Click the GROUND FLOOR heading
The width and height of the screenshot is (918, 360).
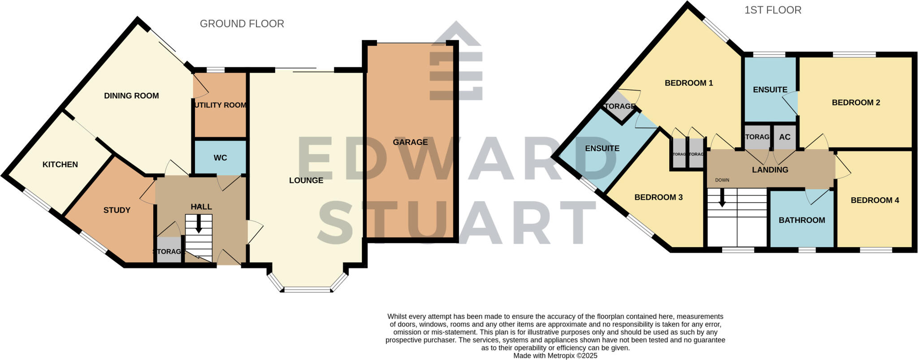coord(242,24)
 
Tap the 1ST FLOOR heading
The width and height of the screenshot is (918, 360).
coord(773,10)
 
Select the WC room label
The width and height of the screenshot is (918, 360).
coord(220,158)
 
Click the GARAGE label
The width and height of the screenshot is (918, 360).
coord(410,142)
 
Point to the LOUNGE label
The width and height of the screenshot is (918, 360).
coord(306,180)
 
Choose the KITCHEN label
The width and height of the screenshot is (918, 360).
coord(60,165)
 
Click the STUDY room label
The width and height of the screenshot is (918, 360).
coord(117,210)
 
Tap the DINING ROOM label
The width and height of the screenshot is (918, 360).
coord(131,95)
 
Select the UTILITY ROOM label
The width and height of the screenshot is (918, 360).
coord(221,105)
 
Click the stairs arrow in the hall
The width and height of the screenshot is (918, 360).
coord(198,224)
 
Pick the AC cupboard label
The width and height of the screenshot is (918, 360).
coord(784,137)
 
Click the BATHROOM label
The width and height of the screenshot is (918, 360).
coord(801,220)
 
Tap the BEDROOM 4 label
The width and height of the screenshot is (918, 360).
coord(875,200)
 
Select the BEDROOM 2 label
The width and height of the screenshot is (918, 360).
coord(856,102)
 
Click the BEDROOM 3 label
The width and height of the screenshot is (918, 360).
coord(658,197)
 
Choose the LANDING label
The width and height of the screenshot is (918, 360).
coord(770,169)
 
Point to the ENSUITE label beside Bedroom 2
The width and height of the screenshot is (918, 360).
coord(770,90)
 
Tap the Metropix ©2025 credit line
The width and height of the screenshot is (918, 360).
coord(555,356)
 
